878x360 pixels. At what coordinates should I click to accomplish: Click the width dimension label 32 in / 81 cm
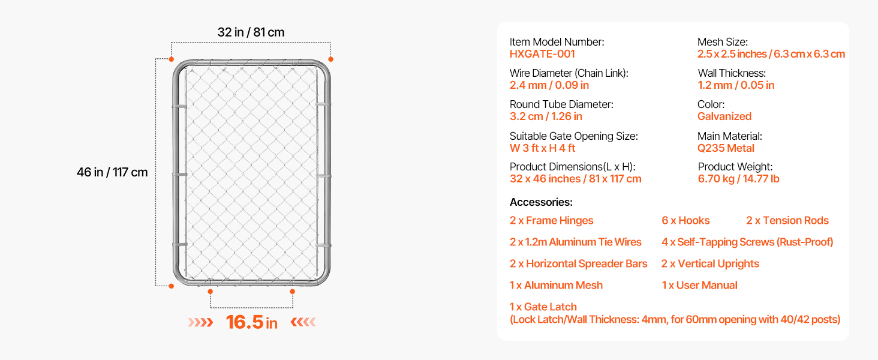click(251, 32)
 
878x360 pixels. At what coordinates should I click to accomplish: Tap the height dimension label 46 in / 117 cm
click(112, 172)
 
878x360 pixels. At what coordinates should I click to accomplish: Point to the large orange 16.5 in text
click(252, 322)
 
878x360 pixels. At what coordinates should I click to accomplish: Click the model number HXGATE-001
click(542, 54)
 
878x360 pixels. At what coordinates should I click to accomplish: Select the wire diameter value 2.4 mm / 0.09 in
click(549, 85)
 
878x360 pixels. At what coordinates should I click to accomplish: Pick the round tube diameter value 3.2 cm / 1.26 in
click(546, 116)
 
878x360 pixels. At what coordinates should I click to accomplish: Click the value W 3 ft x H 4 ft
click(542, 148)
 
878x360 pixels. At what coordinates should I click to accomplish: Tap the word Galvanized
click(724, 116)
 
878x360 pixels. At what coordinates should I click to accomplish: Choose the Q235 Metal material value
click(726, 148)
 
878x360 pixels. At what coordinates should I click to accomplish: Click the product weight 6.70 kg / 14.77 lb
click(738, 179)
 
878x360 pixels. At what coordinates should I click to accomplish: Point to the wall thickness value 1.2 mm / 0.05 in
click(736, 85)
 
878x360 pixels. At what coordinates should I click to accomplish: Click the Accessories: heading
click(541, 202)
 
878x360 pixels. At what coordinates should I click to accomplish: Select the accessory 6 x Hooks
click(685, 220)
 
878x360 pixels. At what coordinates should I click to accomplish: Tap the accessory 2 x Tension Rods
click(787, 220)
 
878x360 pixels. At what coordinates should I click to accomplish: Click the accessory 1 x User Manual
click(699, 285)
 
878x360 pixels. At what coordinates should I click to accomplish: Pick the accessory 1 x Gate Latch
click(543, 307)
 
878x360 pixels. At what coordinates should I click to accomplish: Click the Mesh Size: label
click(723, 42)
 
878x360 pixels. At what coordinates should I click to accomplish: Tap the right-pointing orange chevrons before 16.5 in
click(200, 322)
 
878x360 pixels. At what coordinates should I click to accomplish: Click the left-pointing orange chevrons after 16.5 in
click(303, 322)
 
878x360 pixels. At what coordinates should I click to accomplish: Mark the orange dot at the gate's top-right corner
click(331, 59)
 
